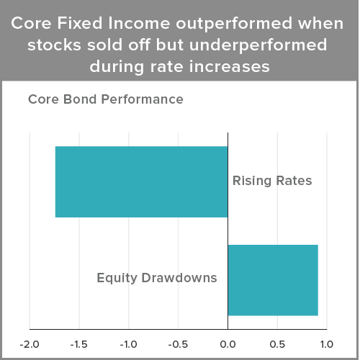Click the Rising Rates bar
(142, 181)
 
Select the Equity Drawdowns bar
(273, 280)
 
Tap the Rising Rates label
(272, 181)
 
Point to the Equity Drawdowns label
(157, 279)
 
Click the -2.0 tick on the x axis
(30, 345)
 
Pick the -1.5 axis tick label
(79, 345)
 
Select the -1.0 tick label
(129, 345)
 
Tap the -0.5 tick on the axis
(178, 345)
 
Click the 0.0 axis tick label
(228, 345)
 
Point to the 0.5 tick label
(277, 345)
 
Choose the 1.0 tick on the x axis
(327, 345)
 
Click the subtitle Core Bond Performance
(106, 99)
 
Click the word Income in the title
(139, 23)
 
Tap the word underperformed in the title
(258, 46)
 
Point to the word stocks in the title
(54, 45)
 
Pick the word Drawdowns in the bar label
(179, 278)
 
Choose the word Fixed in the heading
(80, 23)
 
